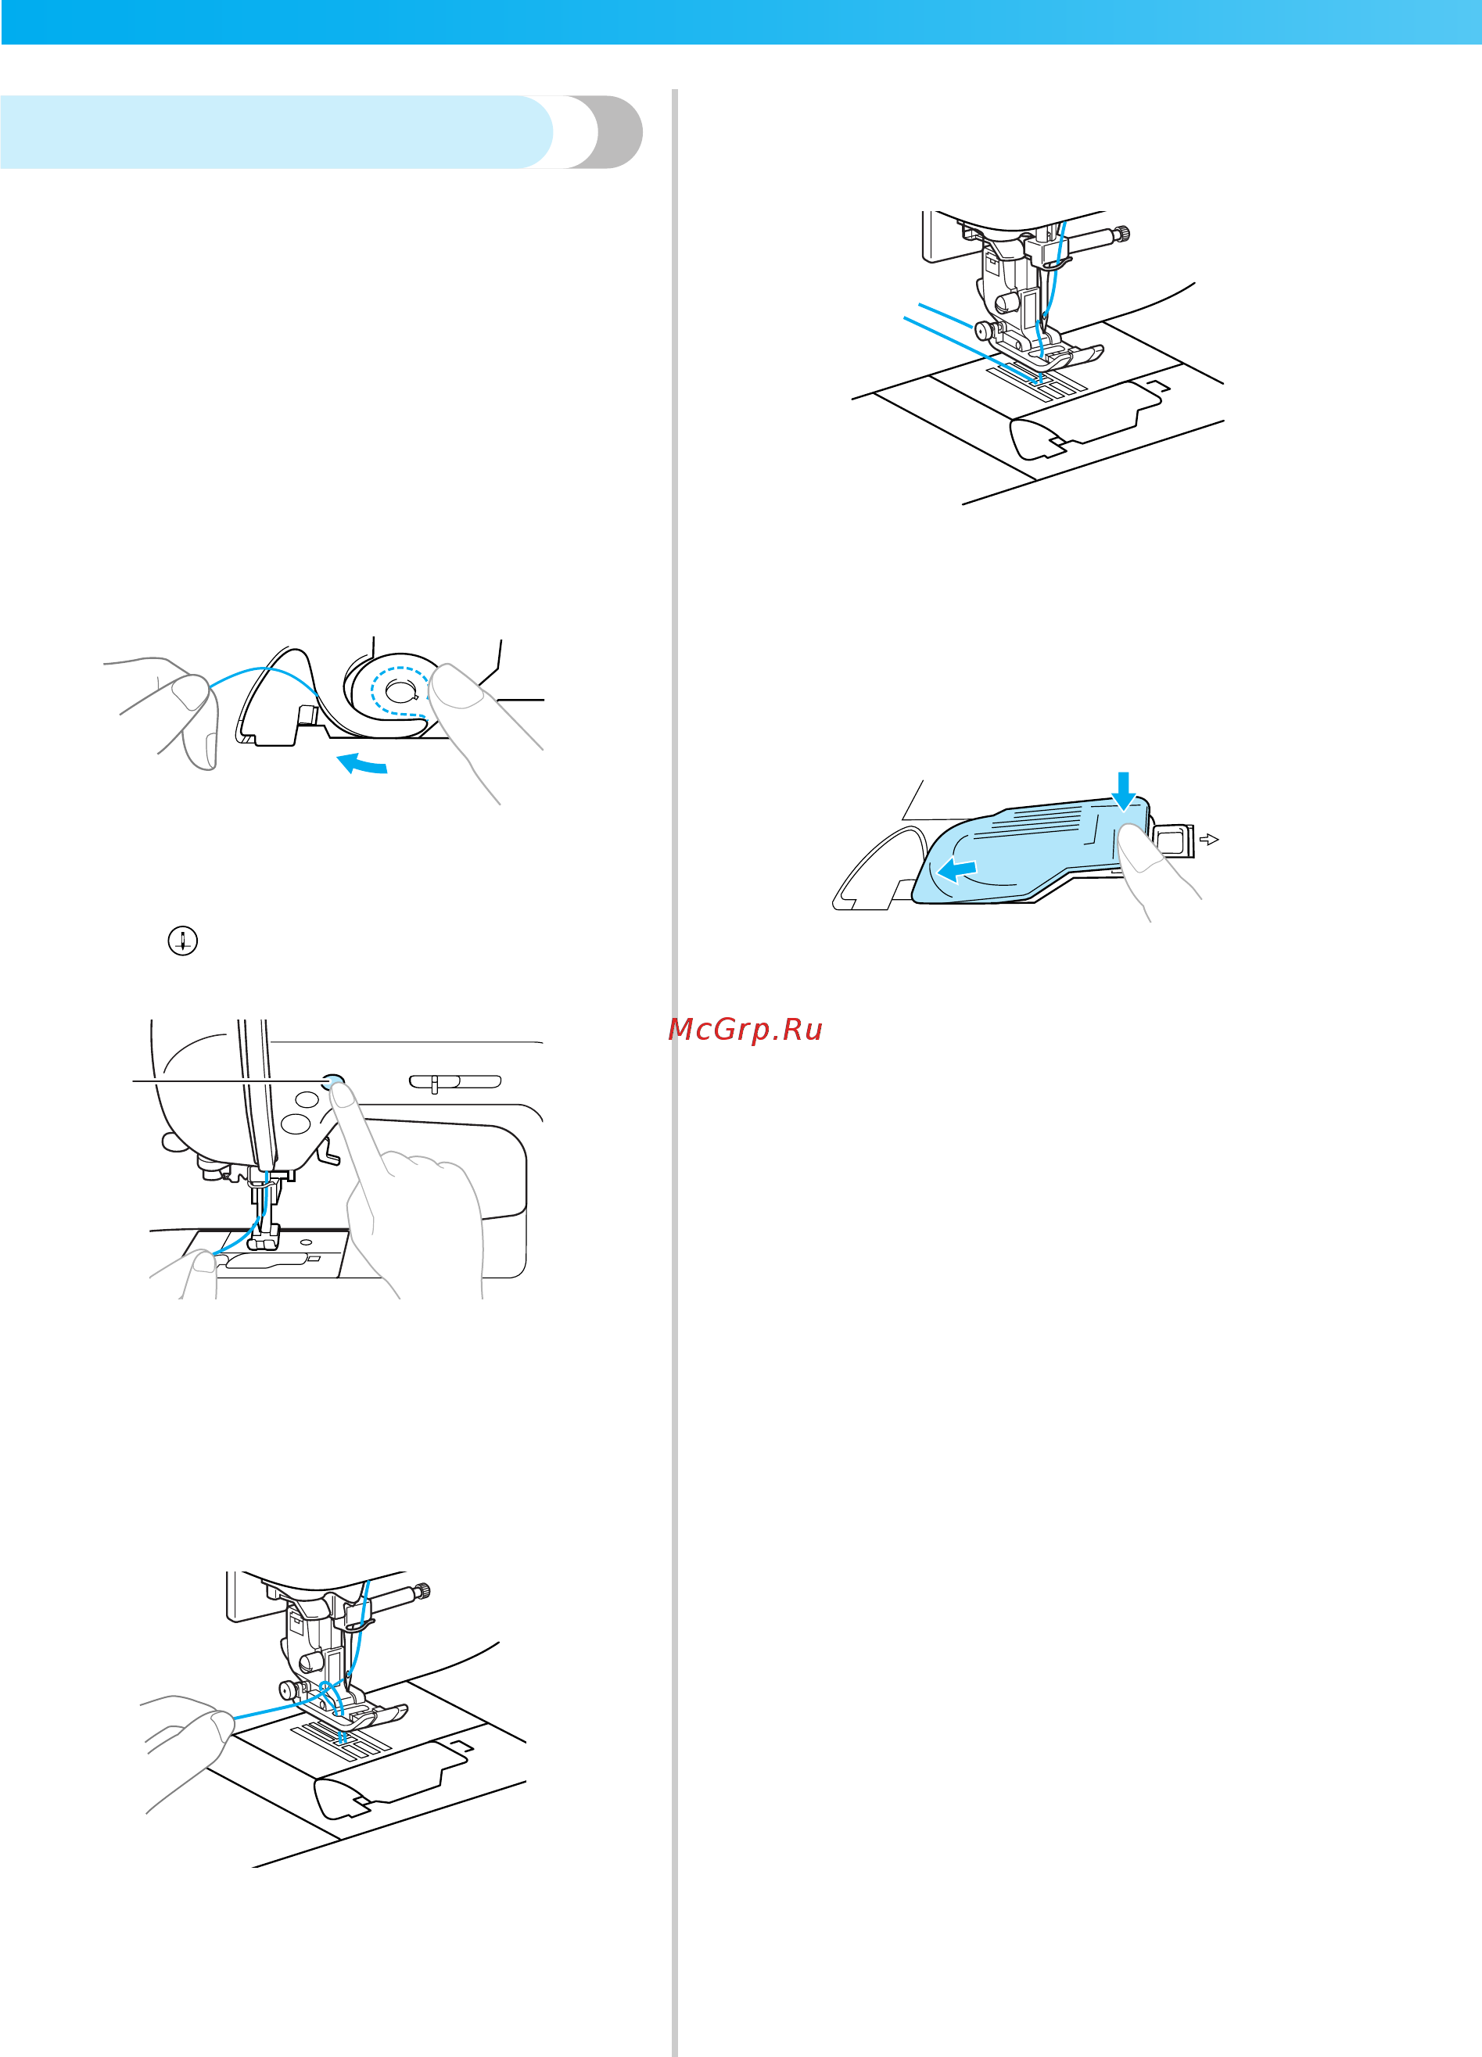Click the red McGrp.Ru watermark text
pyautogui.click(x=745, y=1030)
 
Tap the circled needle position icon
pyautogui.click(x=183, y=941)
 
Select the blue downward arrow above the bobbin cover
pyautogui.click(x=1124, y=790)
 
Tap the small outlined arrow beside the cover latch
pyautogui.click(x=1209, y=840)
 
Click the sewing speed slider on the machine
pyautogui.click(x=455, y=1081)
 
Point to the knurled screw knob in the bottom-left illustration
pyautogui.click(x=422, y=1591)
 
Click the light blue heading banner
pyautogui.click(x=277, y=131)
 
